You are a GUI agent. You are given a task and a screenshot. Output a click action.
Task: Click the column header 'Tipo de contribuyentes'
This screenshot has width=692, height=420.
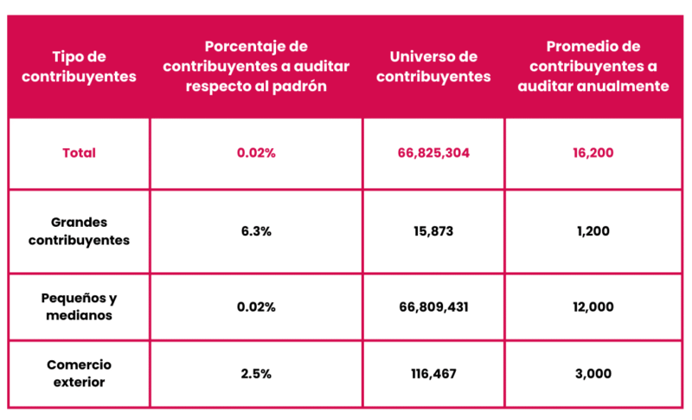[79, 66]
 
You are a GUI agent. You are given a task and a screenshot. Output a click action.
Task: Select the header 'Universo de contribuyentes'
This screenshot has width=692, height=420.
[433, 66]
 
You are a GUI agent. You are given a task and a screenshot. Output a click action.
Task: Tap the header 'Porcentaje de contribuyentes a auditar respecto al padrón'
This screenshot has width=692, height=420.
[256, 66]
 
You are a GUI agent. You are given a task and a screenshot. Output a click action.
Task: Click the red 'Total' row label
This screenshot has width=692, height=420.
[79, 153]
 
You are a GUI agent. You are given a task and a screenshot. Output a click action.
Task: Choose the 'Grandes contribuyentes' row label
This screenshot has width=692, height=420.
[79, 231]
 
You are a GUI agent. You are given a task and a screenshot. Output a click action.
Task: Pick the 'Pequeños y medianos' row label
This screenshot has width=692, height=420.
[79, 307]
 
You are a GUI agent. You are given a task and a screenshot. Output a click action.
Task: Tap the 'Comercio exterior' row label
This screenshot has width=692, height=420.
[79, 373]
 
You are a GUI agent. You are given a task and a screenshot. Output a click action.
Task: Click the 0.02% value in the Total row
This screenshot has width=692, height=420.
[256, 153]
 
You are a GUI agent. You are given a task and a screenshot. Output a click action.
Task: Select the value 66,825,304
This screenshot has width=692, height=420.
[433, 153]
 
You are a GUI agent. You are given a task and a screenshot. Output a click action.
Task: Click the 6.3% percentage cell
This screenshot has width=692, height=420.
[256, 231]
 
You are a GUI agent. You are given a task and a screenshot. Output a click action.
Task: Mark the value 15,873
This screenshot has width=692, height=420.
[433, 231]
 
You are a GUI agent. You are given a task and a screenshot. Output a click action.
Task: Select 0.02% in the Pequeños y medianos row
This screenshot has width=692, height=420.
[256, 307]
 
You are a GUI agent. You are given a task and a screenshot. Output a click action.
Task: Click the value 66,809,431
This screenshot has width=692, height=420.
[433, 307]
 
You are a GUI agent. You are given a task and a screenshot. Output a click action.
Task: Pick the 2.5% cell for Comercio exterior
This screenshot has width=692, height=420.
[256, 373]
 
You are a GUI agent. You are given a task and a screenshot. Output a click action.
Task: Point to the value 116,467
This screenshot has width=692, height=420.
[433, 373]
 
